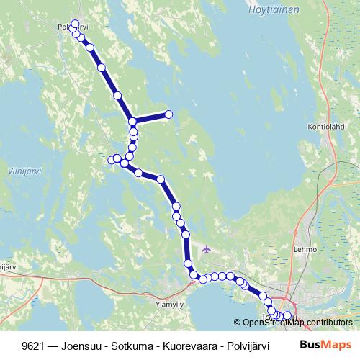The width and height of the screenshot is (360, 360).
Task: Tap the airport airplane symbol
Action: pyautogui.click(x=207, y=249)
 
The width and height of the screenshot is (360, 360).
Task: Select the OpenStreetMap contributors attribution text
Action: pyautogui.click(x=297, y=322)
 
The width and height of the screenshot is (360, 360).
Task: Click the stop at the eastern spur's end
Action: pyautogui.click(x=169, y=114)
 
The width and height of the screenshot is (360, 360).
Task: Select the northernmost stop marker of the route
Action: pyautogui.click(x=75, y=24)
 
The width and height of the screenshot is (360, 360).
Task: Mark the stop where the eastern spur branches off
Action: pyautogui.click(x=132, y=121)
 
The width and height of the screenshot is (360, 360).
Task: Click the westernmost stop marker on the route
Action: pyautogui.click(x=112, y=159)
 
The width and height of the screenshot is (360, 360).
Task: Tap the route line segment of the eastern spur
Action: pyautogui.click(x=151, y=117)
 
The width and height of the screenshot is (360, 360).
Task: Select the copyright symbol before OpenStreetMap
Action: pyautogui.click(x=238, y=322)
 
